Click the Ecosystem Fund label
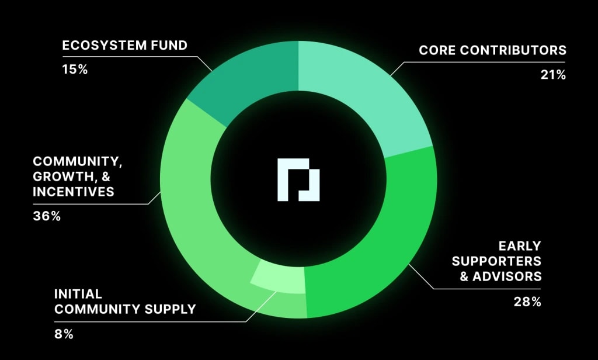tap(124, 45)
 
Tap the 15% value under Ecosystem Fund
tap(75, 69)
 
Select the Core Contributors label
tap(492, 50)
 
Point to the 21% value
tap(553, 75)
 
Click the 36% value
tap(47, 216)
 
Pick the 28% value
tap(528, 302)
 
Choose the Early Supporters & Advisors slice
tap(380, 245)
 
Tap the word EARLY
tap(519, 245)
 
